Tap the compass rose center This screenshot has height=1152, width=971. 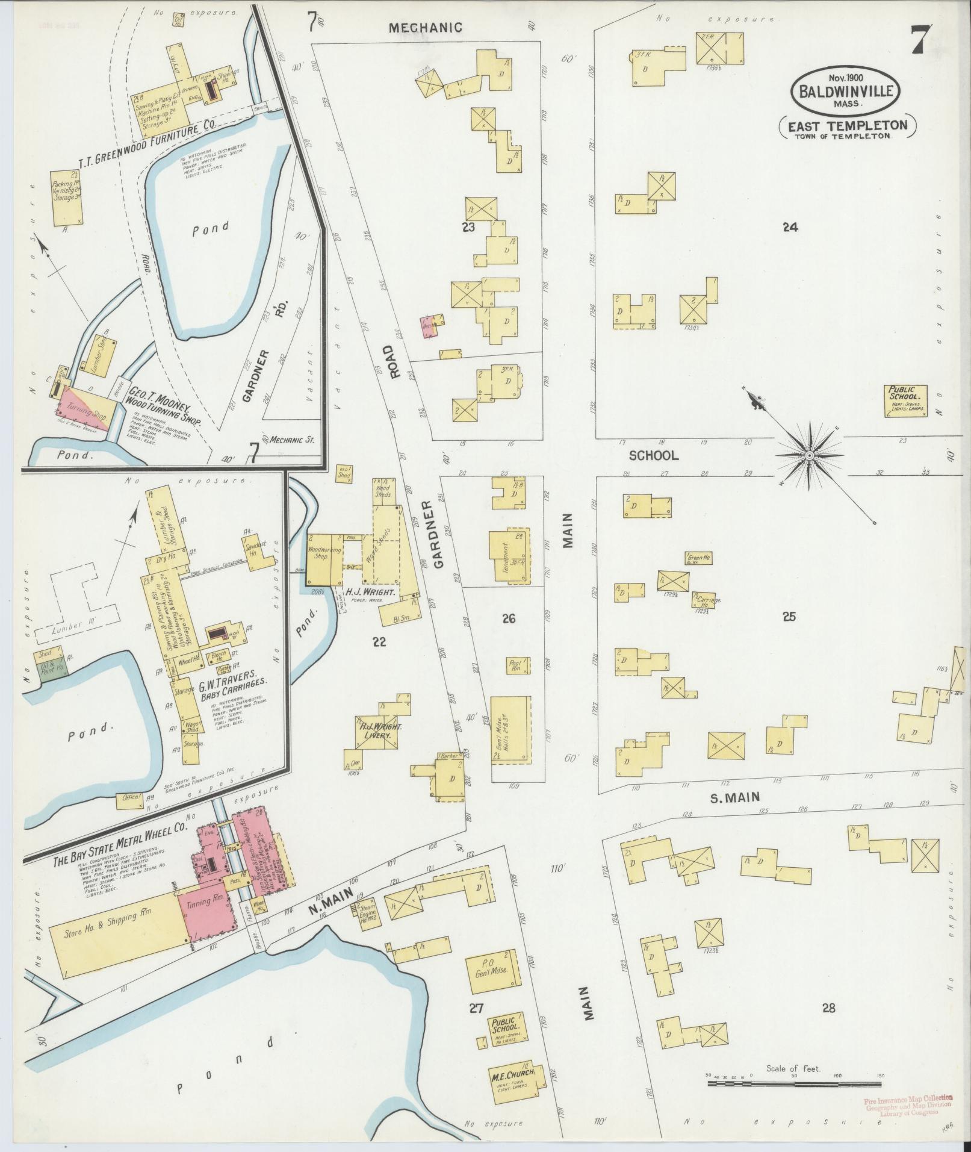(x=810, y=456)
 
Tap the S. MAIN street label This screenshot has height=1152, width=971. (x=735, y=797)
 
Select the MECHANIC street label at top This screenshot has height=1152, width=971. (x=425, y=27)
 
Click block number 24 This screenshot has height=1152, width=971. (x=790, y=227)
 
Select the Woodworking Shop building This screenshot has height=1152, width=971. (x=325, y=558)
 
